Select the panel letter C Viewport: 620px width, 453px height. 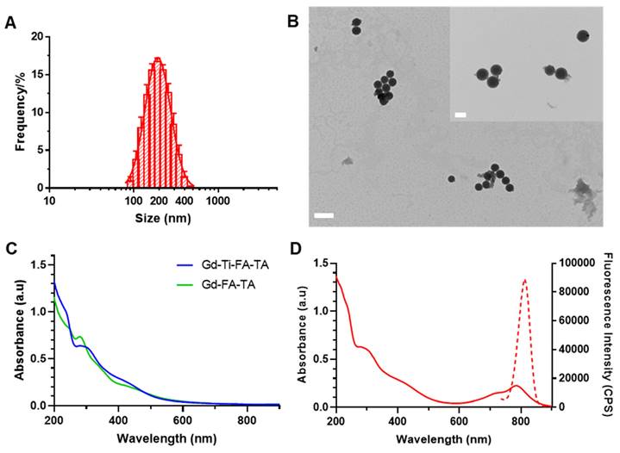point(10,251)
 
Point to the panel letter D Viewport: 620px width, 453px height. point(294,251)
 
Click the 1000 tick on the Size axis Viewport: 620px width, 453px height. point(216,201)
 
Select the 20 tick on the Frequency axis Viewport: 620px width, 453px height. point(36,37)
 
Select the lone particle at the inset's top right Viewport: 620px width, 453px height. point(583,36)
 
